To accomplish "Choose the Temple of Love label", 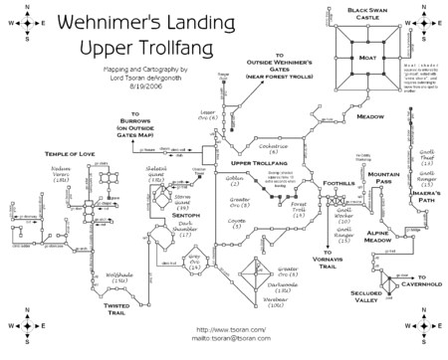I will tap(73, 155).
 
